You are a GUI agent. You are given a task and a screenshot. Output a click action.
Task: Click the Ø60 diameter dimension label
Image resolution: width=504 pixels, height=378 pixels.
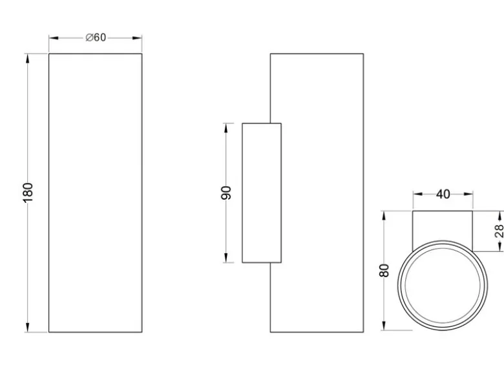(x=96, y=37)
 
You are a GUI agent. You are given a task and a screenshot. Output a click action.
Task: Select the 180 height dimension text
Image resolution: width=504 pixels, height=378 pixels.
(x=28, y=193)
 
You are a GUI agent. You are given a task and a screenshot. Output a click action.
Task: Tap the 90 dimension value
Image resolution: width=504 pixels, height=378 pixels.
(x=226, y=193)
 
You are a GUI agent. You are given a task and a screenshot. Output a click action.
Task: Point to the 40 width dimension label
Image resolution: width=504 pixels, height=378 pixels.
(x=443, y=194)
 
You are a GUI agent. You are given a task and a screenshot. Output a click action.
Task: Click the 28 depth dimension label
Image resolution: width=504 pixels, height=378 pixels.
(x=499, y=231)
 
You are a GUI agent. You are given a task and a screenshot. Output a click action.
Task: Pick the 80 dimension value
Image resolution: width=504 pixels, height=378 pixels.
(x=384, y=270)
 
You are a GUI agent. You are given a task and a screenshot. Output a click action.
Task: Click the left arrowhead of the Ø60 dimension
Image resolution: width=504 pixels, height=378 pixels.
(x=54, y=38)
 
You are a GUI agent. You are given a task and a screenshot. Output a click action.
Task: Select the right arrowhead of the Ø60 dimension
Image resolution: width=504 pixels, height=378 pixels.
(x=137, y=38)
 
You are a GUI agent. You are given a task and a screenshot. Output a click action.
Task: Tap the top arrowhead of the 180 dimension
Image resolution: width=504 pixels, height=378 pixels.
(x=28, y=59)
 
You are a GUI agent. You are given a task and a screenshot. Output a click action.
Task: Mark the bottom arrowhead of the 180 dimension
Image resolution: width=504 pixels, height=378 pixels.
(x=28, y=327)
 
